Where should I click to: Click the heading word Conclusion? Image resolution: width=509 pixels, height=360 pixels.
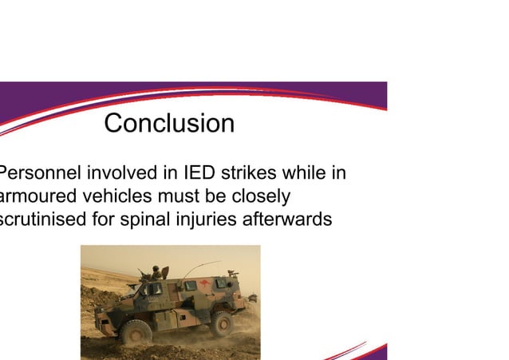[x=169, y=124]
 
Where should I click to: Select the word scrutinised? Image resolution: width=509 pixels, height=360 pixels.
[x=45, y=218]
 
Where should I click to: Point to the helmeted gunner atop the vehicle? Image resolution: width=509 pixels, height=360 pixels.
[x=156, y=272]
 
